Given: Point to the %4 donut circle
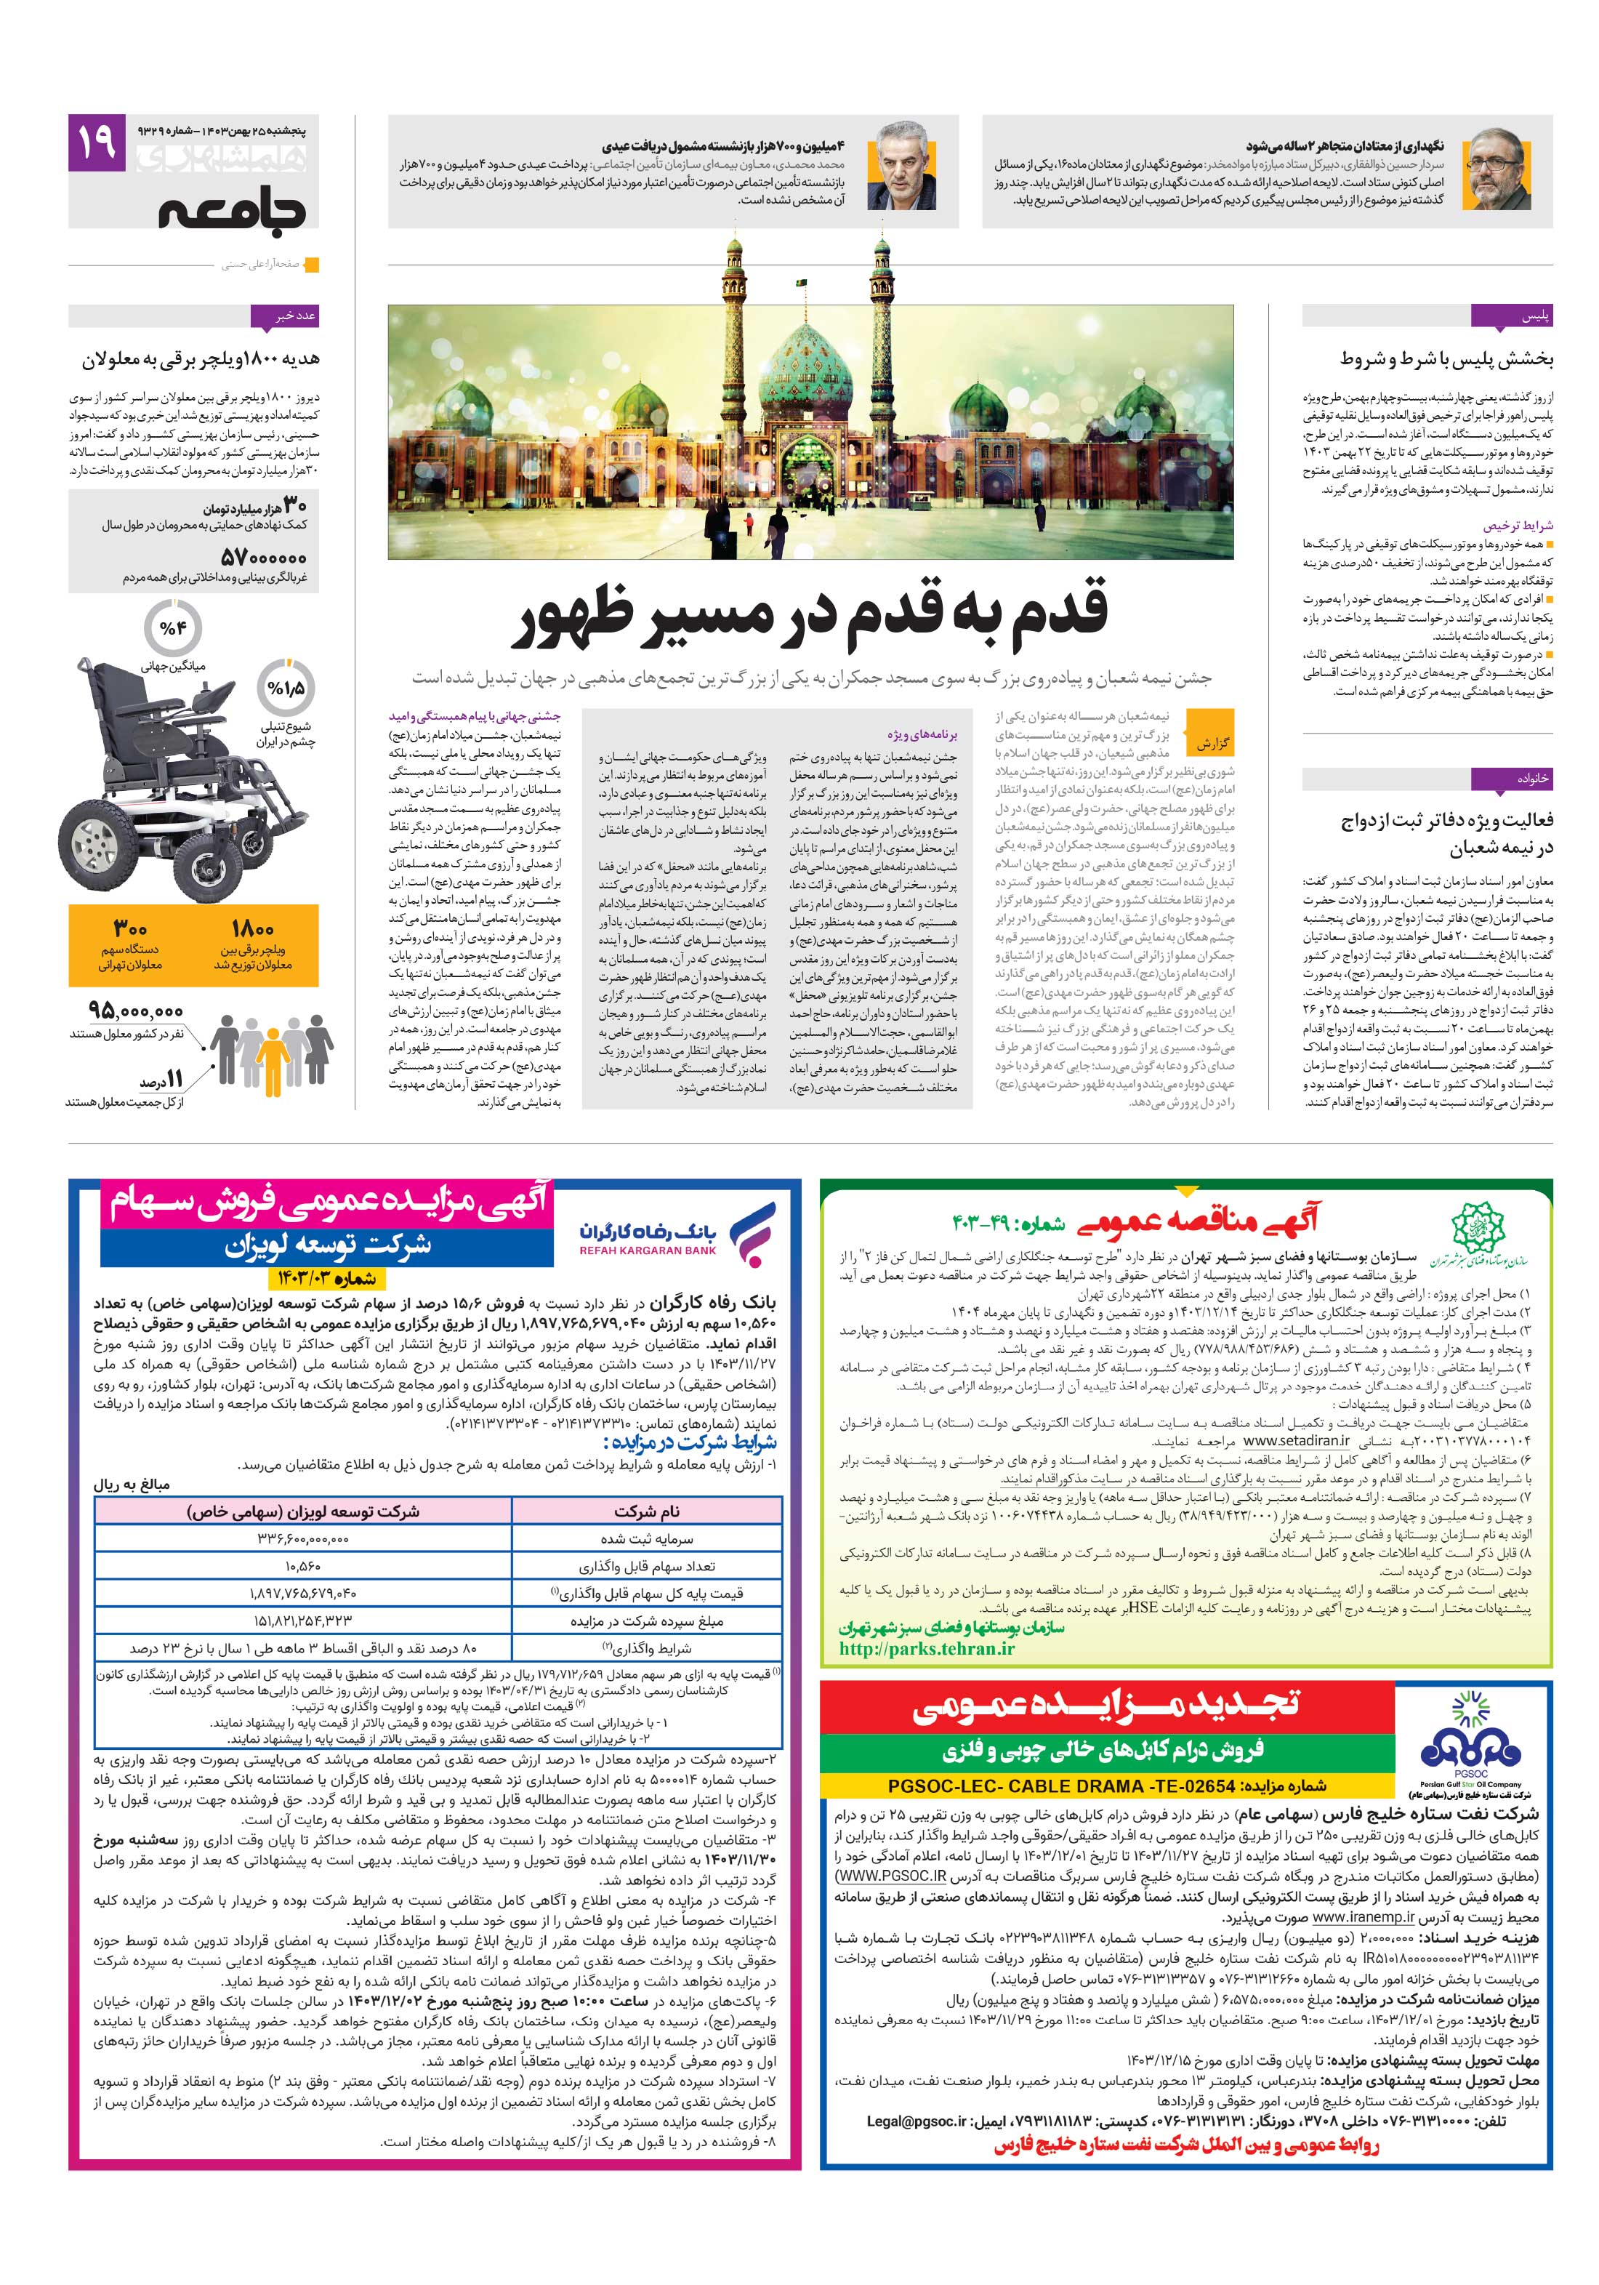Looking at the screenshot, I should (x=172, y=628).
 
